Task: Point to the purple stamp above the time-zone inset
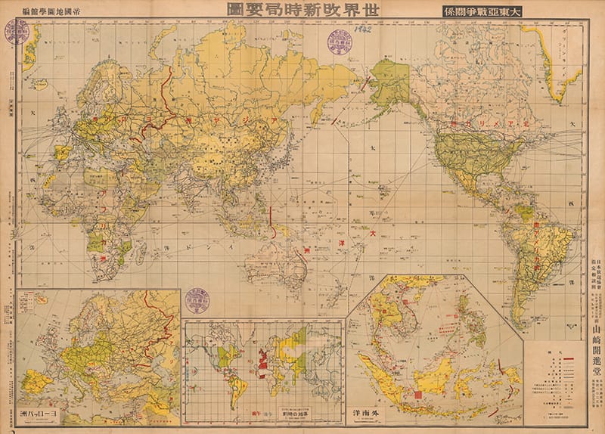(x=198, y=299)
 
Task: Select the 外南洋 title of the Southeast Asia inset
(x=370, y=417)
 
